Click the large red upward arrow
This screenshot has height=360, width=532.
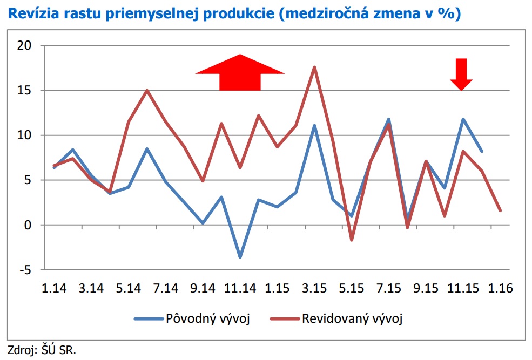pyautogui.click(x=240, y=73)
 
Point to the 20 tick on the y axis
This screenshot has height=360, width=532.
pyautogui.click(x=24, y=46)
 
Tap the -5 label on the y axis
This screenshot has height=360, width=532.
pyautogui.click(x=24, y=269)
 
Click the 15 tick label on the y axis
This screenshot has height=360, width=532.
pyautogui.click(x=24, y=91)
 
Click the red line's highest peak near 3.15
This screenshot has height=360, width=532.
pyautogui.click(x=314, y=67)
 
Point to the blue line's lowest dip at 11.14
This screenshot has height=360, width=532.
pyautogui.click(x=240, y=257)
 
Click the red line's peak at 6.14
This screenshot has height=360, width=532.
pyautogui.click(x=147, y=90)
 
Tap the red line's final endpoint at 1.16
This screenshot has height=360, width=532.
pyautogui.click(x=500, y=210)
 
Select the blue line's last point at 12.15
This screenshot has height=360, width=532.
pyautogui.click(x=482, y=152)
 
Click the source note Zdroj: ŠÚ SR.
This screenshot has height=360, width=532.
pyautogui.click(x=42, y=349)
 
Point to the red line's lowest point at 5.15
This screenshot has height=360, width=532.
pyautogui.click(x=351, y=240)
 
